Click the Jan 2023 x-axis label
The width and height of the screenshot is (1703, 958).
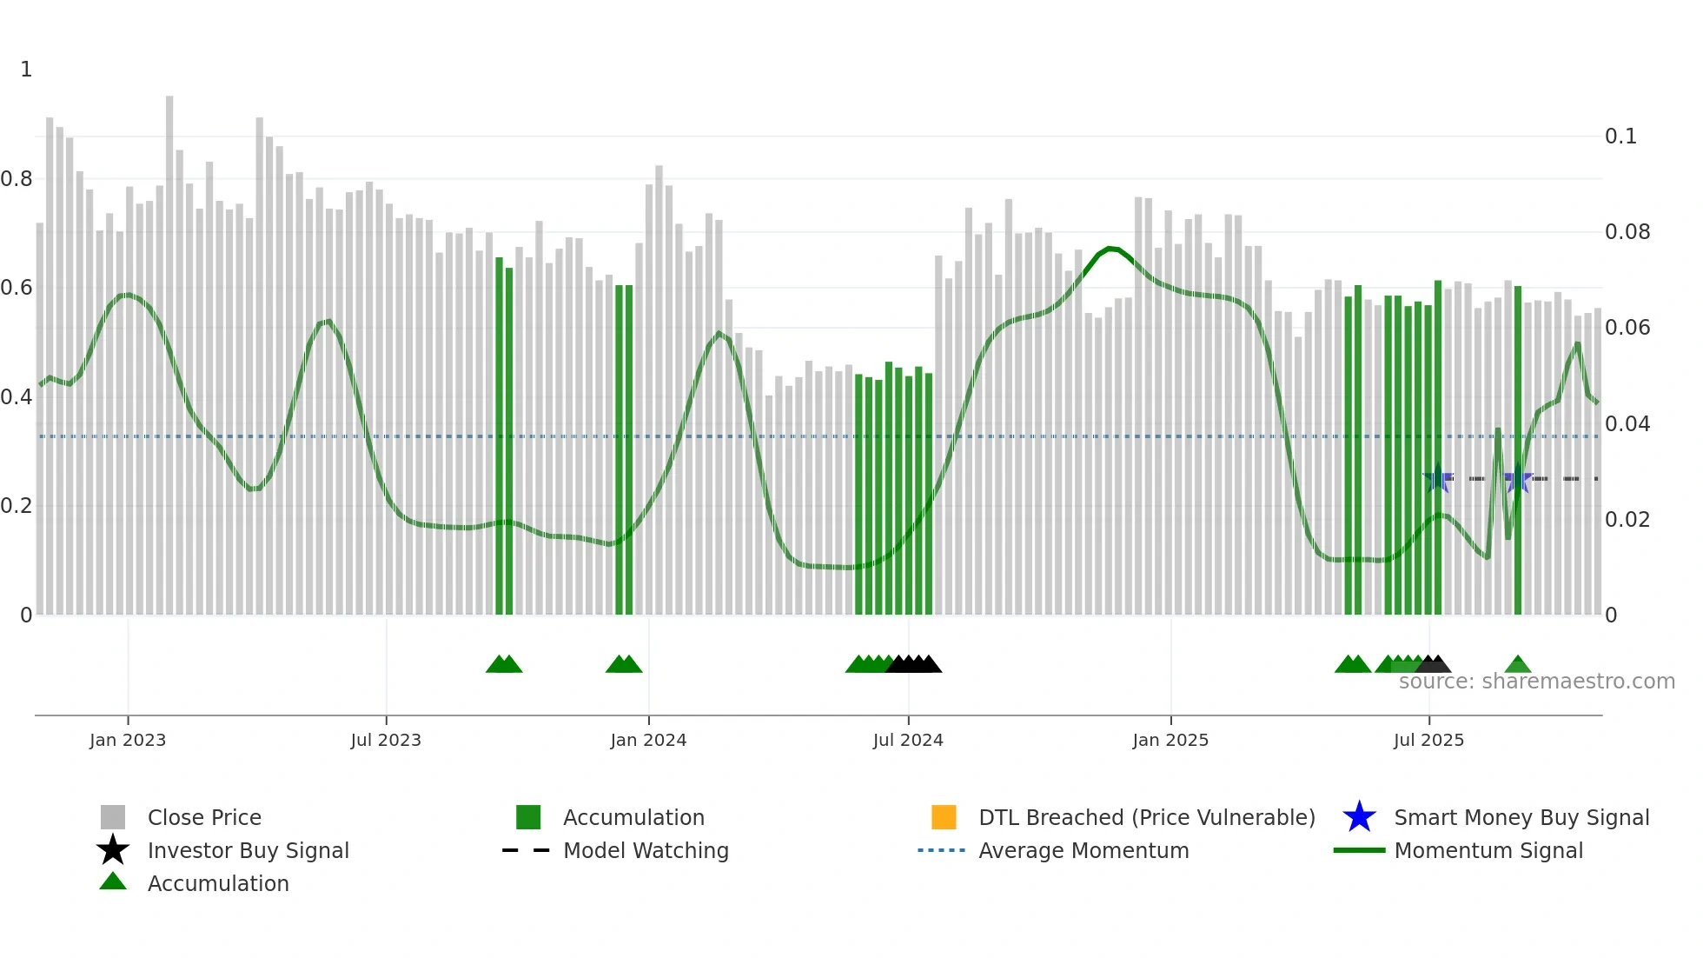tap(128, 740)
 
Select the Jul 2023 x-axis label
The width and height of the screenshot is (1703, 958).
tap(386, 740)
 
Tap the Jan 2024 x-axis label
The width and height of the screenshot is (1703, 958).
tap(648, 740)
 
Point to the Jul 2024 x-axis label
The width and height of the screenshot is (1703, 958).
tap(908, 740)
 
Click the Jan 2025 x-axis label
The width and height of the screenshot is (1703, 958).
tap(1170, 740)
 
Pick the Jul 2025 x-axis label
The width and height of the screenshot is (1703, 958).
tap(1428, 740)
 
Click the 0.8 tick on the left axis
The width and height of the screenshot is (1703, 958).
tap(17, 179)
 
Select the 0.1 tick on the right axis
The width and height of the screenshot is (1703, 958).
tap(1620, 136)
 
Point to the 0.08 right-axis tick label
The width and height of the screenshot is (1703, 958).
tap(1627, 232)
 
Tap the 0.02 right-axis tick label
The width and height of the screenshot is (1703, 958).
tap(1627, 520)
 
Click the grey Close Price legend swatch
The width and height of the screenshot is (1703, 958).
tap(113, 817)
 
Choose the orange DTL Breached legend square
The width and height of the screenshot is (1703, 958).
tap(944, 817)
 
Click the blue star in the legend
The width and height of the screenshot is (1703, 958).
tap(1359, 817)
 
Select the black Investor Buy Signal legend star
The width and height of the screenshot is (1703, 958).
tap(113, 850)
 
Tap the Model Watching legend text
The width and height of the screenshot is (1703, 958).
tap(646, 850)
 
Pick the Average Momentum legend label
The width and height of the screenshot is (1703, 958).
tap(1083, 850)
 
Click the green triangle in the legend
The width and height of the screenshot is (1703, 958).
tap(113, 882)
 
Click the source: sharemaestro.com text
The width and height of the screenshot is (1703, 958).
tap(1536, 682)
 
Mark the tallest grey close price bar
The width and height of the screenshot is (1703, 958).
tap(169, 348)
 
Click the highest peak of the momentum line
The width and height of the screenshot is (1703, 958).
tap(1110, 249)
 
